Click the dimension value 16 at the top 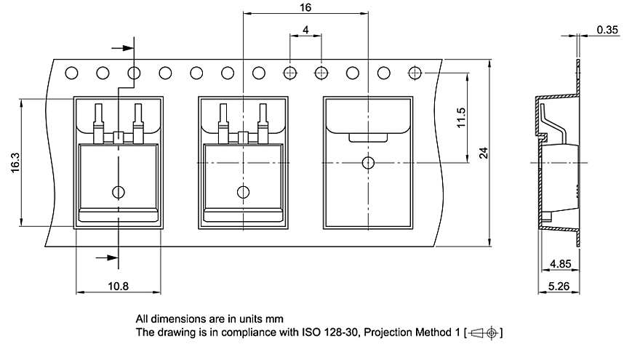point(305,7)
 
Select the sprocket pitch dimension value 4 point(305,29)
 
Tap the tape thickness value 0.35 point(607,30)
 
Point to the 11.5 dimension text point(461,118)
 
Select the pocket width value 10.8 point(119,287)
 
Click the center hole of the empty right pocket point(368,162)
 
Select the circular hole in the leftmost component point(119,192)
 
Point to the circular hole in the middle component point(243,192)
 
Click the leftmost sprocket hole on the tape point(71,73)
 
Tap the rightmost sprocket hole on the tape point(415,73)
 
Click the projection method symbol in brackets point(484,333)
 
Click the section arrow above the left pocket point(125,48)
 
